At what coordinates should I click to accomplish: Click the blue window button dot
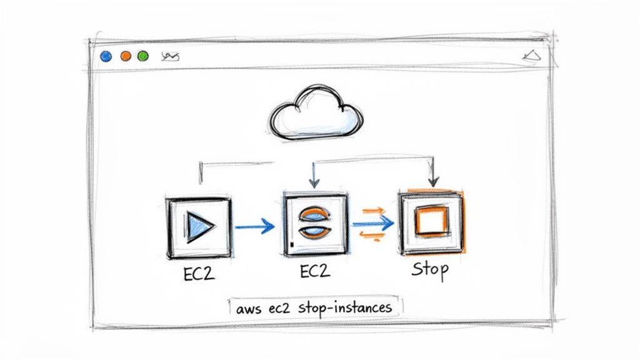[106, 56]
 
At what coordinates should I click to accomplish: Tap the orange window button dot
[125, 56]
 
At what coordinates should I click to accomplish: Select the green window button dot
[142, 56]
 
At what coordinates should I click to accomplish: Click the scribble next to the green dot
[170, 57]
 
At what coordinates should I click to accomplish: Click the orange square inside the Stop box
[431, 222]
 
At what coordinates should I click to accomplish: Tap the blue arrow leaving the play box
[255, 226]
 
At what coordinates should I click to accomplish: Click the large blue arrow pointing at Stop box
[374, 223]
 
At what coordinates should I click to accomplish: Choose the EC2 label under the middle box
[315, 271]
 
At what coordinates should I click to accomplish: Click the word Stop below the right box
[430, 270]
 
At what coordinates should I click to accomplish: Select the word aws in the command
[249, 308]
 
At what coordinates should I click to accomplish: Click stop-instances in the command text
[344, 307]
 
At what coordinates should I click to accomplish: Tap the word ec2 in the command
[280, 308]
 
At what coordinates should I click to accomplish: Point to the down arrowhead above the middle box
[314, 182]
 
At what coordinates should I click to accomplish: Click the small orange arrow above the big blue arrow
[372, 211]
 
